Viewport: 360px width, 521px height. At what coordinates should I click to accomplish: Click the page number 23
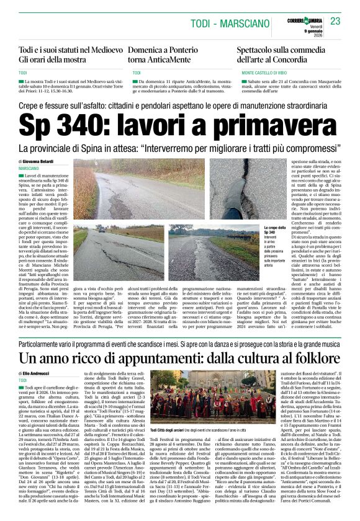click(336, 22)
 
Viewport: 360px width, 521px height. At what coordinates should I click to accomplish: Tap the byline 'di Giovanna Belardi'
click(37, 161)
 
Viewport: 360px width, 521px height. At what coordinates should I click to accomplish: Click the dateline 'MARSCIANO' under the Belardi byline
click(29, 169)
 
